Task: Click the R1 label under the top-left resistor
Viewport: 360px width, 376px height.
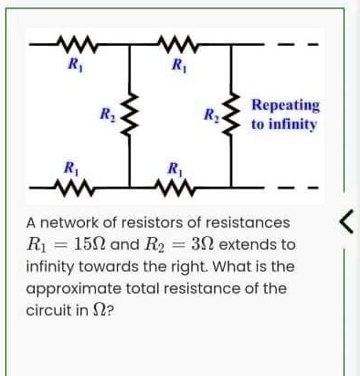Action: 71,63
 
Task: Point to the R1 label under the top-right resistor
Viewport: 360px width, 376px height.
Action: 176,63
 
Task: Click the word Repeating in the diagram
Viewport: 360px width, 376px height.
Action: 285,106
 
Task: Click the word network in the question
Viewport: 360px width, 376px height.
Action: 71,223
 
